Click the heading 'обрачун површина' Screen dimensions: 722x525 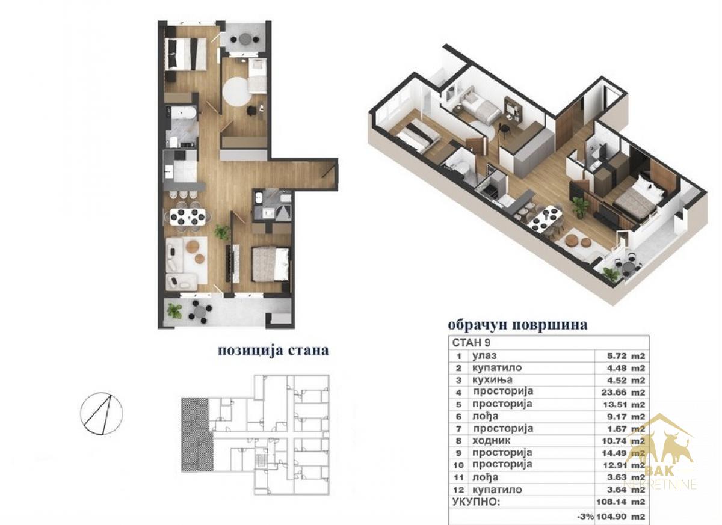517,325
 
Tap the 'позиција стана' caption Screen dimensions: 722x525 273,351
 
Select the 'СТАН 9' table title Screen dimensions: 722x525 471,343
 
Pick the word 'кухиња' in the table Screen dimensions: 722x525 492,380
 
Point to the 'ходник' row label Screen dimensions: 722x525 492,441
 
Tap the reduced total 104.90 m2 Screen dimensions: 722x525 621,517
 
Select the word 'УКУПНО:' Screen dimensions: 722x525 476,502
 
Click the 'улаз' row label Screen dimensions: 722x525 484,356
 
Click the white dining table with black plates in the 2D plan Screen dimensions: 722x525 188,216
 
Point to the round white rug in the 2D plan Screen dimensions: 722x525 238,91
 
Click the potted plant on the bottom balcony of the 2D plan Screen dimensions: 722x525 174,311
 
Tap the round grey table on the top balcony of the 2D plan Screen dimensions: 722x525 245,39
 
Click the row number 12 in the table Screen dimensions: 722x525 458,490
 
